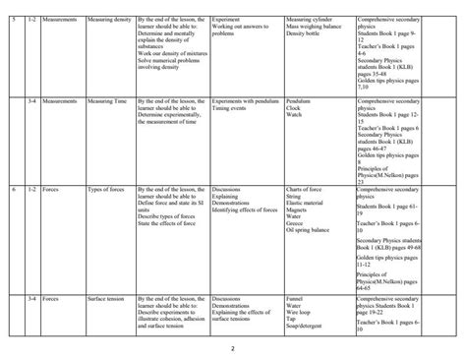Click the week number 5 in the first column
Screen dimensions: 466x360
coord(14,19)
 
